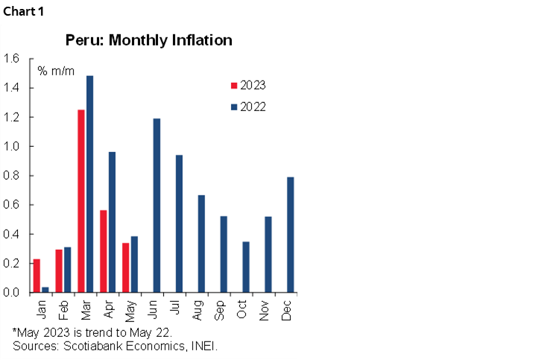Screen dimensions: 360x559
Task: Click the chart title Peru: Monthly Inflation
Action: pos(148,40)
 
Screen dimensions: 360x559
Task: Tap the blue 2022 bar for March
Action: pos(90,184)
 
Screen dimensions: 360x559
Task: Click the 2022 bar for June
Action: pos(157,206)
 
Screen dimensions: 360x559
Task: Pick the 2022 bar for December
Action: pos(291,235)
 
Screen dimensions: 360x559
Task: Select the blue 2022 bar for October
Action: pos(246,267)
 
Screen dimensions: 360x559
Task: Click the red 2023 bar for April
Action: pos(104,251)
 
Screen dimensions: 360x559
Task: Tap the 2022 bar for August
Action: pos(201,244)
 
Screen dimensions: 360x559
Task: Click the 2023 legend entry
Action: pos(247,85)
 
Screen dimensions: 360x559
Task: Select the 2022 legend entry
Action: pos(247,107)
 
